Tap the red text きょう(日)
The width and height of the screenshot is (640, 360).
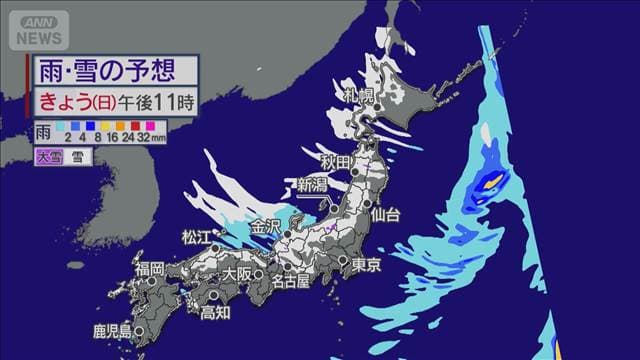coord(74,100)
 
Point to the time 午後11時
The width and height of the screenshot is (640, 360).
coord(151,100)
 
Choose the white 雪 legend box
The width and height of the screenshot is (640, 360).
coord(76,156)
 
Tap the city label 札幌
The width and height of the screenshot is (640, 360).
coord(361,96)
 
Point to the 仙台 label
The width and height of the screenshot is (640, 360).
coord(384,214)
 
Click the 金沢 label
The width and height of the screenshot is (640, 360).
coord(266,224)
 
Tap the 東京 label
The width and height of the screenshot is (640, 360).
coord(366,265)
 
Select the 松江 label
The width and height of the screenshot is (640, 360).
coord(197,236)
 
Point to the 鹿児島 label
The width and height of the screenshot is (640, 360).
coord(112,330)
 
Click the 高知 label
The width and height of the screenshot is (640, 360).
coord(215,312)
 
